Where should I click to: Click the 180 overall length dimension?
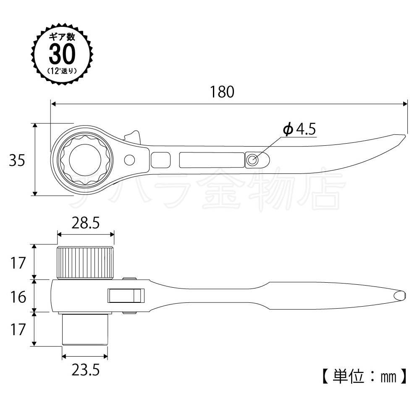222,92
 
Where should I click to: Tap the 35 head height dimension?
17,160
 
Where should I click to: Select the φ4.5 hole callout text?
299,129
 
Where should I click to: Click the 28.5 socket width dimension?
85,223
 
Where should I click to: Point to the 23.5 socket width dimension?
85,370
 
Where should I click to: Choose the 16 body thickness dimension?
18,297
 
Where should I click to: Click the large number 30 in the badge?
62,54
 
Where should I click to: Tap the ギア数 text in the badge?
62,37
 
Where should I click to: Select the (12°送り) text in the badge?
62,71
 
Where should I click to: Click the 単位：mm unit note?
365,377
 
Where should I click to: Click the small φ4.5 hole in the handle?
252,160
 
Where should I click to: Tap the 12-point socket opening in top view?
85,160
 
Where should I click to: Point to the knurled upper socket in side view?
85,263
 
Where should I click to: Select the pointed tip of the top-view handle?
405,136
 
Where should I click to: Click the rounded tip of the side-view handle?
404,296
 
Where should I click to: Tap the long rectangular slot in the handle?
212,160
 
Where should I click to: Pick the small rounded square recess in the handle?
161,160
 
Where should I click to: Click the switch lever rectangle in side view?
126,296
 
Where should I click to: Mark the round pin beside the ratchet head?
130,160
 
